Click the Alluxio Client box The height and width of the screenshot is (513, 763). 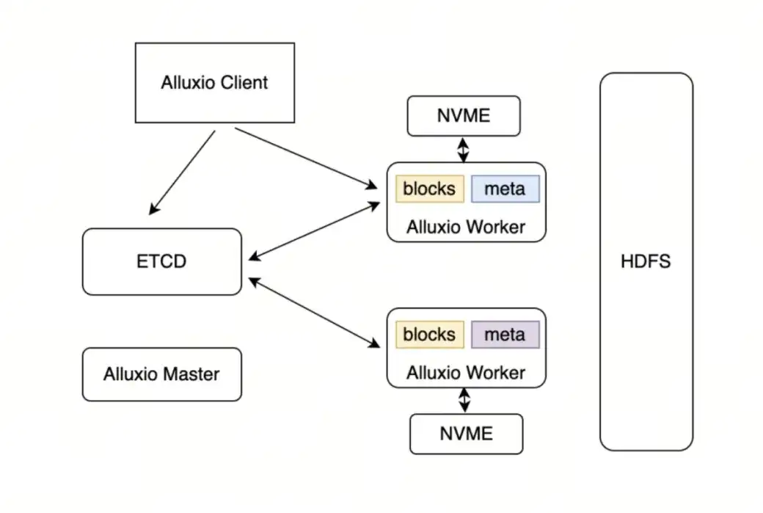215,82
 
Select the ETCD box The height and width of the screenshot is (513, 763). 161,261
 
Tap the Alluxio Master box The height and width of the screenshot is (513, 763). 161,374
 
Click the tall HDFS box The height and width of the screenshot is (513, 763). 646,261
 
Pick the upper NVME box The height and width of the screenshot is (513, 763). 464,116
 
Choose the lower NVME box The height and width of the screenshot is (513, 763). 466,433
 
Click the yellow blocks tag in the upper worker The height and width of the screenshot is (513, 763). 430,189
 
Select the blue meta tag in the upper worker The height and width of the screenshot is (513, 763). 505,189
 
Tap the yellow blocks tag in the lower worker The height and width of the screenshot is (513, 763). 430,335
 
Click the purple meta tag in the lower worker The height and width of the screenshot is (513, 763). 505,335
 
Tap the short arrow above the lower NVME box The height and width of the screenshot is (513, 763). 464,400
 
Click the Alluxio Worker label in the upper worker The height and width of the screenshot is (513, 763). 466,227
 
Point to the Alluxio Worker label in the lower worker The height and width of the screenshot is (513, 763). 466,372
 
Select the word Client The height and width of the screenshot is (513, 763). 244,82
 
